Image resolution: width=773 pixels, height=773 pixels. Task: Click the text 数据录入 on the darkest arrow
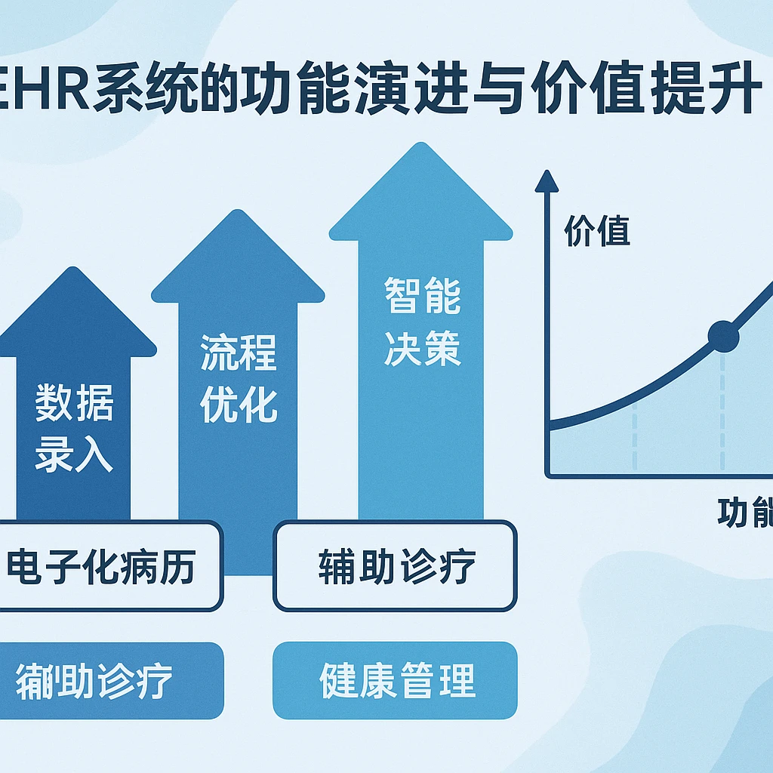click(74, 428)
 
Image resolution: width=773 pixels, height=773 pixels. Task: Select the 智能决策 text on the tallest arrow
click(422, 322)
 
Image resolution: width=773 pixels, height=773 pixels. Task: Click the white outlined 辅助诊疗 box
click(396, 566)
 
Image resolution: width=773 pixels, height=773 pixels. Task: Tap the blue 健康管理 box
click(396, 681)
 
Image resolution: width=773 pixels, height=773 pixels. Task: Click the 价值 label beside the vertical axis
click(596, 233)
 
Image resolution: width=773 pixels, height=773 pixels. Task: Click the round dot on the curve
click(723, 336)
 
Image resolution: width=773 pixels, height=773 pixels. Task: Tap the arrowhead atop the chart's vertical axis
click(546, 181)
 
